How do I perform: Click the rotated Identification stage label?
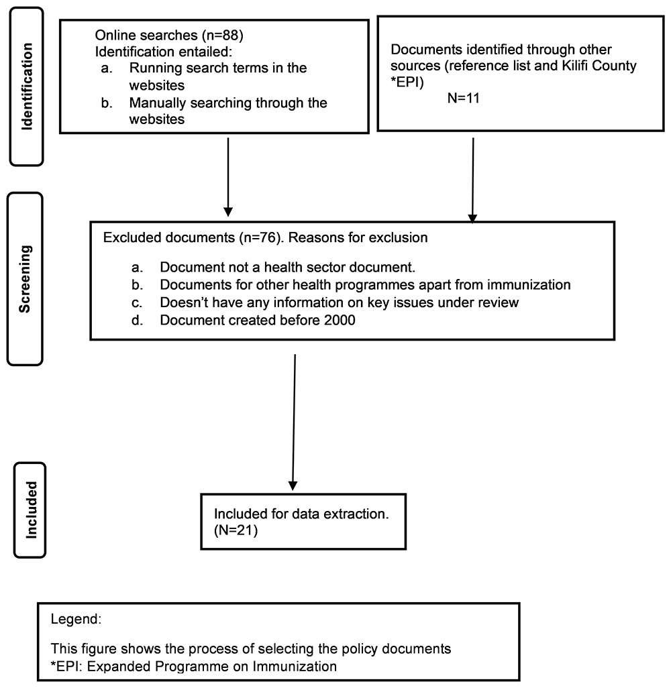click(27, 87)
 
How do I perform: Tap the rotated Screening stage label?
click(25, 279)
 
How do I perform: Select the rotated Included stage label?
click(31, 510)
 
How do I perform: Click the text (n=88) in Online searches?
click(222, 35)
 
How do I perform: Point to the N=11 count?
click(463, 98)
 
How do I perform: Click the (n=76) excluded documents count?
click(260, 237)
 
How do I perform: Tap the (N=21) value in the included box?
click(236, 530)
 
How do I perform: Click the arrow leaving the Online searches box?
click(228, 177)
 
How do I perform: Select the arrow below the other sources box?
click(473, 180)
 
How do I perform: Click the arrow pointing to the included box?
click(294, 422)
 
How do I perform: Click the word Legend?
click(76, 619)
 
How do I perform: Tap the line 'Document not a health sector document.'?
click(288, 267)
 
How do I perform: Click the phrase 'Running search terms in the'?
click(218, 68)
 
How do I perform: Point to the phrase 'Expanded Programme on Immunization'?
click(211, 666)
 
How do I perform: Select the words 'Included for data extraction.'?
click(301, 514)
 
